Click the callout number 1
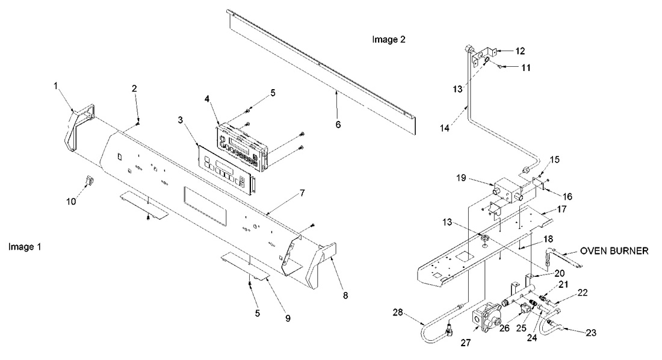[55, 85]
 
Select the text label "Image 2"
[389, 40]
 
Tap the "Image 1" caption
[25, 247]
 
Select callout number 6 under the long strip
[338, 124]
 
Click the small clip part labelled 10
[87, 180]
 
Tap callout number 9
[287, 317]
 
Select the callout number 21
[563, 284]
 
